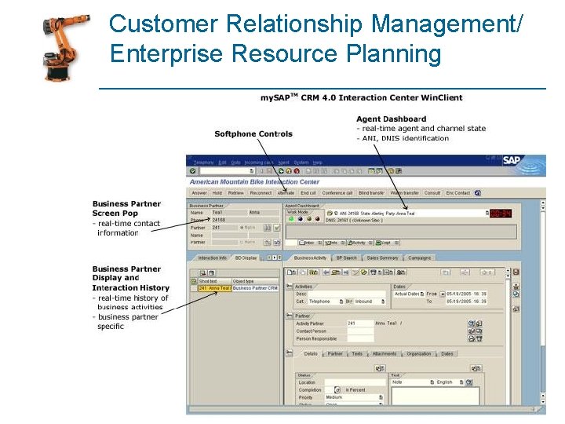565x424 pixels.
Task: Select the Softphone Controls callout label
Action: pyautogui.click(x=253, y=133)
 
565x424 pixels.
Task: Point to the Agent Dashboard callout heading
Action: pyautogui.click(x=392, y=119)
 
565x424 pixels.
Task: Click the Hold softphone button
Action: pyautogui.click(x=217, y=193)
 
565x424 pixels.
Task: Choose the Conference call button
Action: pyautogui.click(x=337, y=193)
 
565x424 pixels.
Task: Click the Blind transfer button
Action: pyautogui.click(x=372, y=193)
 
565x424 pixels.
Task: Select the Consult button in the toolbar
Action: pyautogui.click(x=432, y=193)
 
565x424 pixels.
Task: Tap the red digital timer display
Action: pyautogui.click(x=501, y=213)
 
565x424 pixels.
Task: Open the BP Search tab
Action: pyautogui.click(x=346, y=258)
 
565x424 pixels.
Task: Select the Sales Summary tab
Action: pyautogui.click(x=383, y=258)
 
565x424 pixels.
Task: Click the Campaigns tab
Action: pyautogui.click(x=420, y=258)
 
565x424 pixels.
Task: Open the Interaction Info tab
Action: pyautogui.click(x=212, y=258)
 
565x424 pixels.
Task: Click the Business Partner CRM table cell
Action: pyautogui.click(x=255, y=288)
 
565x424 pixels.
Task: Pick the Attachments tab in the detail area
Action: pyautogui.click(x=385, y=354)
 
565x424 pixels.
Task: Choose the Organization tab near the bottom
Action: pyautogui.click(x=419, y=354)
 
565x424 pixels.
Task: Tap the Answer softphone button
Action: pyautogui.click(x=199, y=193)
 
